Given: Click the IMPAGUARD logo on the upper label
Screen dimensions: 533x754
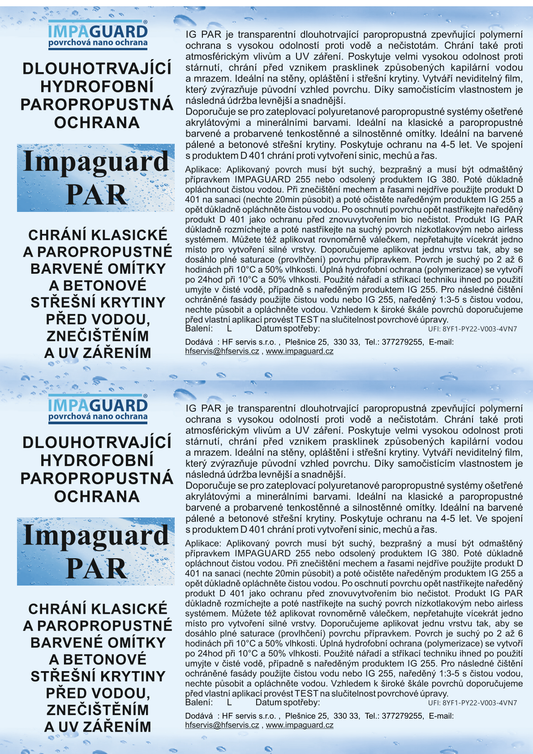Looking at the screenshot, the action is point(98,39).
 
